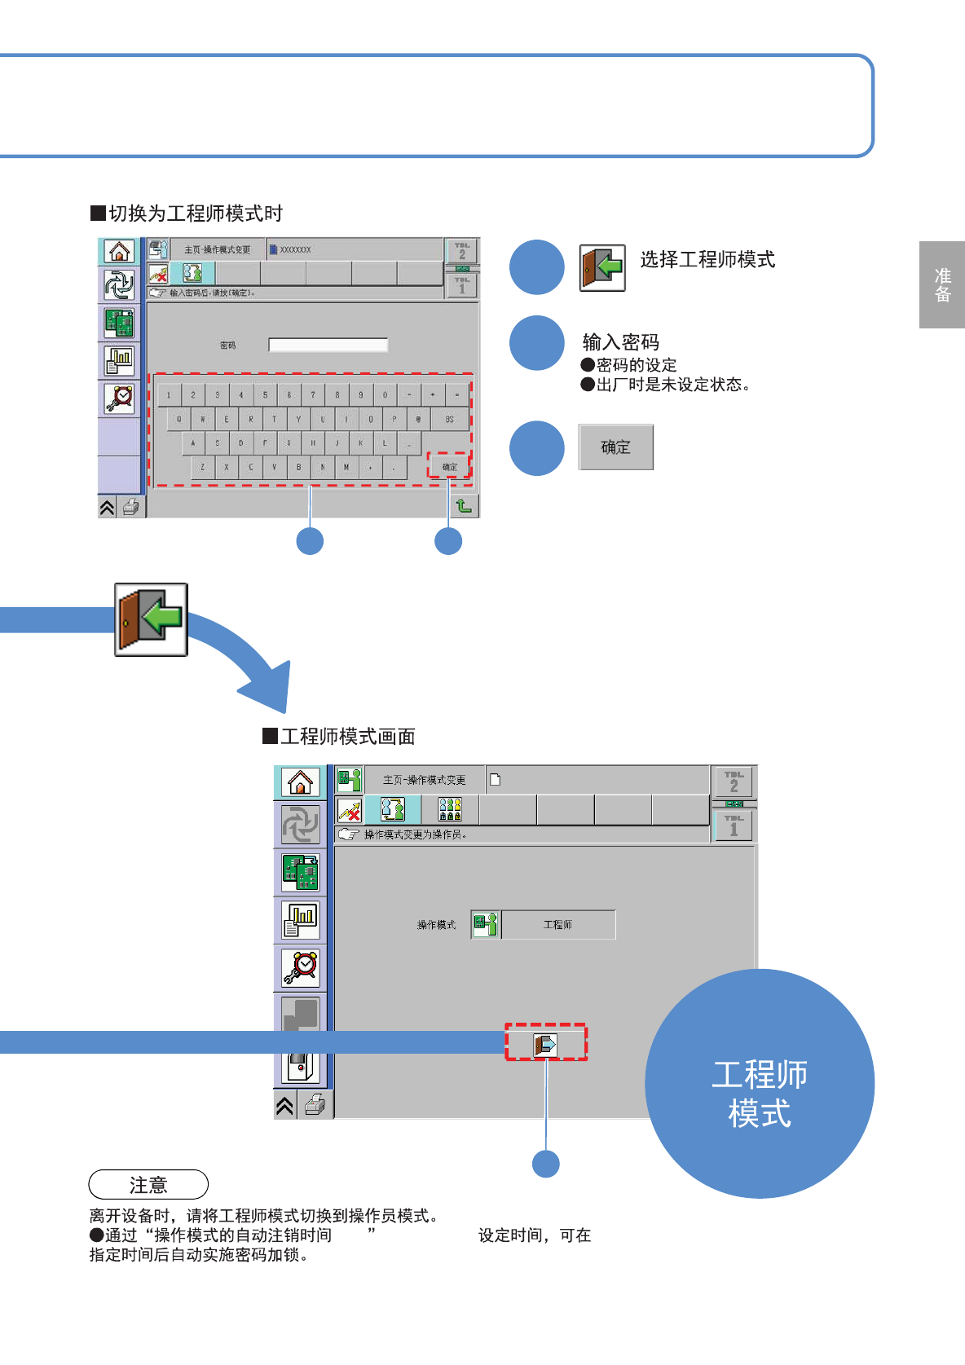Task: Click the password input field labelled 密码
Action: [x=328, y=346]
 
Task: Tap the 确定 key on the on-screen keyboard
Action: [x=449, y=467]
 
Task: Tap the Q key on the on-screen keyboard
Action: [x=179, y=420]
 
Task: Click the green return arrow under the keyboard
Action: [x=464, y=506]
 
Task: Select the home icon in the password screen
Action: [x=119, y=252]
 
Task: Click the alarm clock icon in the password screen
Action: [x=119, y=398]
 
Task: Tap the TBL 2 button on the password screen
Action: [x=462, y=250]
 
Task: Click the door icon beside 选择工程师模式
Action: [x=602, y=267]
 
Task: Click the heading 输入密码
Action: [x=620, y=342]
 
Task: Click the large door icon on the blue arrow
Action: [x=151, y=619]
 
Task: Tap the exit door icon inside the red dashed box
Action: [x=545, y=1044]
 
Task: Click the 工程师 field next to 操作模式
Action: [x=558, y=925]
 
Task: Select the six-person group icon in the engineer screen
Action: [x=450, y=809]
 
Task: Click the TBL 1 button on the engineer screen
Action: [x=734, y=826]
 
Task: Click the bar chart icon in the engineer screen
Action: [x=300, y=920]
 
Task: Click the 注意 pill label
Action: [x=148, y=1184]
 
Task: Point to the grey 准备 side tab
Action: [x=942, y=285]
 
